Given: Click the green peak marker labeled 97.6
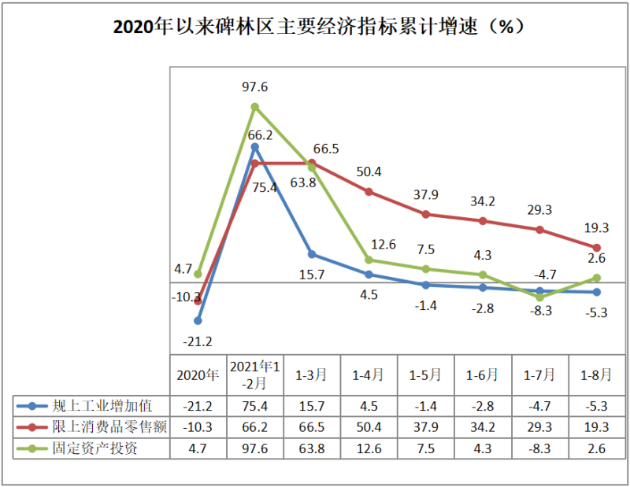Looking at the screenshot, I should [255, 106].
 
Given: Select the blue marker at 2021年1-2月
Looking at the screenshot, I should [255, 146].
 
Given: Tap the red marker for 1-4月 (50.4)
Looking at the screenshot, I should [369, 191].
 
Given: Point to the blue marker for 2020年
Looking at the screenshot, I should [198, 320].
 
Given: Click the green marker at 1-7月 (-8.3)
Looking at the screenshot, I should [540, 297].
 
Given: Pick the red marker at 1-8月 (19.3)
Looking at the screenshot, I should [597, 248].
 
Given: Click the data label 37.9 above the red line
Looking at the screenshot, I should [426, 195].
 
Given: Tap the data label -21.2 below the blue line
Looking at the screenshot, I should [198, 341].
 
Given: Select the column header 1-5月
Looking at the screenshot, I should [426, 375].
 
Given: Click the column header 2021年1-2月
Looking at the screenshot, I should [255, 375].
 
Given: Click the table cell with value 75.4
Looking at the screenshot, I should [255, 406].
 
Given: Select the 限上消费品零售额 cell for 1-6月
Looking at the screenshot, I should [483, 427].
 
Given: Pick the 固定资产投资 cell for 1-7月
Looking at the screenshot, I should [540, 448].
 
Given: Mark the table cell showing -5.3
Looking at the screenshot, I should [597, 406].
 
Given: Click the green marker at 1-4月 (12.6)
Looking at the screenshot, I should [369, 260].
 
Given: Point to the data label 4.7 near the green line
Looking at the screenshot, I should [183, 269].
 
